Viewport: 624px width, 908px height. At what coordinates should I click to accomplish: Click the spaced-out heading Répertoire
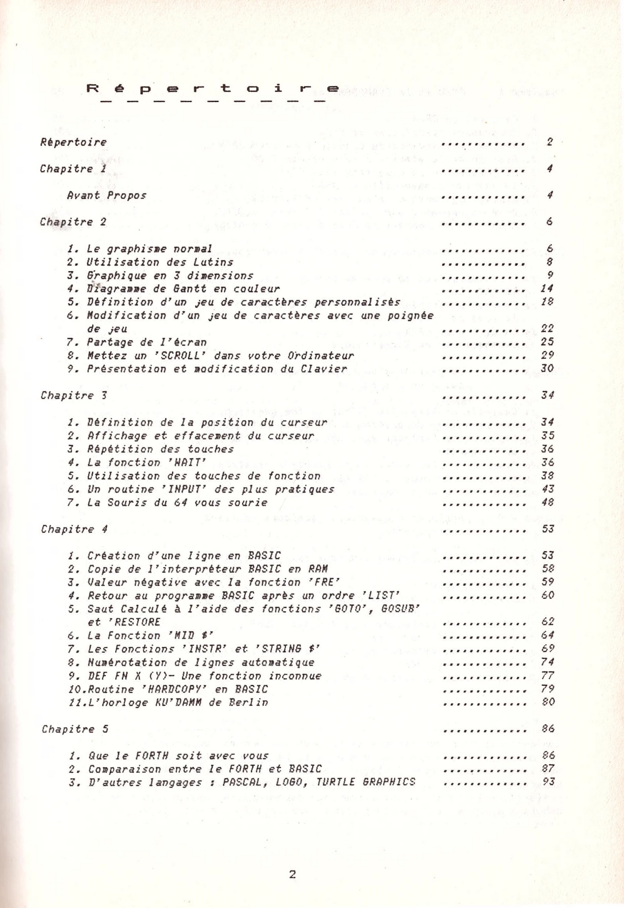click(x=213, y=89)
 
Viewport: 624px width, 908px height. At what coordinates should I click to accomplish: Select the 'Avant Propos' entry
click(x=106, y=195)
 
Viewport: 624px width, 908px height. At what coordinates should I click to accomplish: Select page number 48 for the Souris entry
click(x=548, y=503)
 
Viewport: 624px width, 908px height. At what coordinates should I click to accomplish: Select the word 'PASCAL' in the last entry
click(x=243, y=782)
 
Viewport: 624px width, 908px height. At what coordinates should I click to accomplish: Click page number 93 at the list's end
click(x=549, y=782)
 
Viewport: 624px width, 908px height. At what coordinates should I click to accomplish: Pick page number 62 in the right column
click(x=548, y=622)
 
